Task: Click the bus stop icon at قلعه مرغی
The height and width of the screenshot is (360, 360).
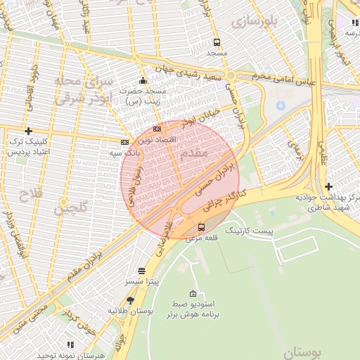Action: (202, 227)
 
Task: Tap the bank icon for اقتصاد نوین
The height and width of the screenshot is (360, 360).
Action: (157, 129)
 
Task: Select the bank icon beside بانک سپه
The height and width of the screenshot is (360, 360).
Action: (124, 141)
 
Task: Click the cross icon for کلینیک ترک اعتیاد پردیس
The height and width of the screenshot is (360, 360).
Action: (28, 131)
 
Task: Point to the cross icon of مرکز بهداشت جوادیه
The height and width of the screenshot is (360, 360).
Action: (329, 186)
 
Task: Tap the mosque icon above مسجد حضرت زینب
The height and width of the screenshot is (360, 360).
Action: (143, 80)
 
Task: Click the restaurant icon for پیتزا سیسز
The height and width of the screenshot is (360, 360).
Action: (142, 271)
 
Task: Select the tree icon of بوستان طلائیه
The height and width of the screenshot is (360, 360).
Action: (130, 300)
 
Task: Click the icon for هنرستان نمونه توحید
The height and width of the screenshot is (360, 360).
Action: (70, 345)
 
